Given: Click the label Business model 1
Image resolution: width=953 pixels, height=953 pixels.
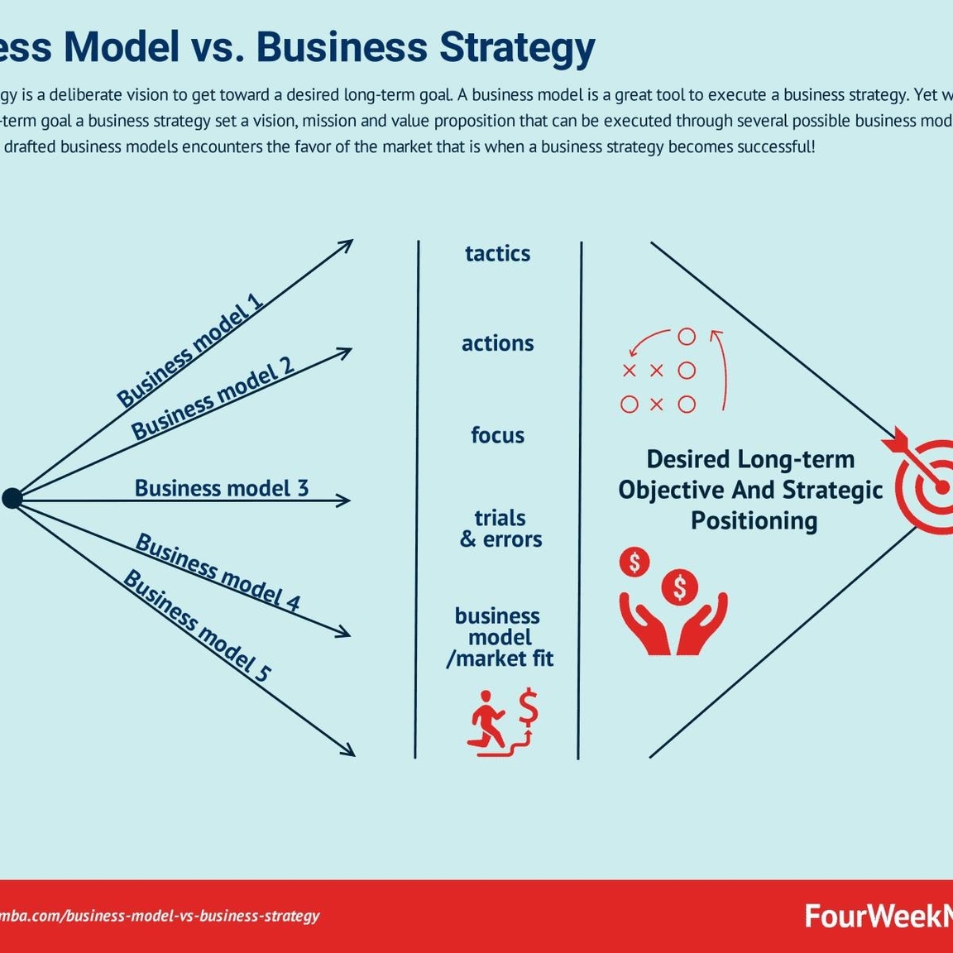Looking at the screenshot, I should point(190,350).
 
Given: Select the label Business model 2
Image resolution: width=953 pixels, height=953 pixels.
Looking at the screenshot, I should point(213,400).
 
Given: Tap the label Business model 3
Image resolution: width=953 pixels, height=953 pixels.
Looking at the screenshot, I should point(221,488).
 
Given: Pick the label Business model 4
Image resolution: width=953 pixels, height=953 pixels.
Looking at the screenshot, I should point(218,572).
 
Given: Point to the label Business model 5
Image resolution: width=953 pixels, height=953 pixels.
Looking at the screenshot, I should point(197,625).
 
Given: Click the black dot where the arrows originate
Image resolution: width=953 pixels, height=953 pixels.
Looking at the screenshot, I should point(12,498).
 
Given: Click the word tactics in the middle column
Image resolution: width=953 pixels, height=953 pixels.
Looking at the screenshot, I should point(497,253).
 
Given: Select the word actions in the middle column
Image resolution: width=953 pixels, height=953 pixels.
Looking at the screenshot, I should point(497,343).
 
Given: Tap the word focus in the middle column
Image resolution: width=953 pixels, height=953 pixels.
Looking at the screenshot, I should point(497,435).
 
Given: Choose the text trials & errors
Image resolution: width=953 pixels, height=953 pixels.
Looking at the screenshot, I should point(500,529).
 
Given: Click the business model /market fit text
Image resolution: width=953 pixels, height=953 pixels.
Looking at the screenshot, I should point(499,637).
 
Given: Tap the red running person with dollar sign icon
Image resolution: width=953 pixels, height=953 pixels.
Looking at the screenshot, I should point(504,720).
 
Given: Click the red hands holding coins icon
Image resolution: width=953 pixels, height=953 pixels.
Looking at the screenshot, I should point(672,601).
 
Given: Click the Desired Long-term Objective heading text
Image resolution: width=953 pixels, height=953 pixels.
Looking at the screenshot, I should point(750,490).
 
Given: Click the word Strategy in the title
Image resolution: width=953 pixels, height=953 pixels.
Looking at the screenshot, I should point(516,47).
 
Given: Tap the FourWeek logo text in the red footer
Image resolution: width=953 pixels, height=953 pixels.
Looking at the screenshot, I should point(877,916).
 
